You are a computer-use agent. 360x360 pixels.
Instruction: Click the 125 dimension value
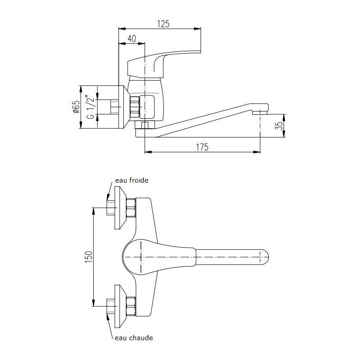pyautogui.click(x=163, y=24)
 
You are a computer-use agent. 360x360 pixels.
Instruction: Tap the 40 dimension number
pyautogui.click(x=132, y=39)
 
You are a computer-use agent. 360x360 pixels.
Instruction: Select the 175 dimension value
pyautogui.click(x=202, y=147)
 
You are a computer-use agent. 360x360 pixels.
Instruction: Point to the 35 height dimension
pyautogui.click(x=279, y=126)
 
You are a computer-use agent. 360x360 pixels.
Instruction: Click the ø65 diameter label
pyautogui.click(x=76, y=107)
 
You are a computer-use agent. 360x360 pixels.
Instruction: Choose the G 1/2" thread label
pyautogui.click(x=90, y=107)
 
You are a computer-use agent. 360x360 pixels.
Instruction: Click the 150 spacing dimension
pyautogui.click(x=89, y=257)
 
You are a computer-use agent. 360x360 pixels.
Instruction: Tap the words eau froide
pyautogui.click(x=132, y=180)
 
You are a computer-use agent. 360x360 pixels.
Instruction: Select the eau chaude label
pyautogui.click(x=134, y=338)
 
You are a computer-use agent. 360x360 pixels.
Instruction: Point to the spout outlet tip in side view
pyautogui.click(x=260, y=112)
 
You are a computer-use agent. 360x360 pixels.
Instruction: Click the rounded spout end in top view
pyautogui.click(x=264, y=256)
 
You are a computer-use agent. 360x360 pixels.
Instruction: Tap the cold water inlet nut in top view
pyautogui.click(x=131, y=208)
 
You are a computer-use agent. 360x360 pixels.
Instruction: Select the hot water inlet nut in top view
pyautogui.click(x=131, y=306)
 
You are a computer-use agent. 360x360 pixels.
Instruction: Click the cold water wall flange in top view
pyautogui.click(x=120, y=207)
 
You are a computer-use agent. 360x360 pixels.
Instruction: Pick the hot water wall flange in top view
pyautogui.click(x=120, y=306)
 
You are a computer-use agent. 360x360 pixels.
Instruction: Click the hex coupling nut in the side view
pyautogui.click(x=135, y=107)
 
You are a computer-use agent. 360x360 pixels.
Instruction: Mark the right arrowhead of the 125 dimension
pyautogui.click(x=198, y=29)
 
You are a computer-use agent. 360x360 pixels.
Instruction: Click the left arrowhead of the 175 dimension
pyautogui.click(x=148, y=152)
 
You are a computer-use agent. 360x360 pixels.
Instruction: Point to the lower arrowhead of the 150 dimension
pyautogui.click(x=93, y=302)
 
